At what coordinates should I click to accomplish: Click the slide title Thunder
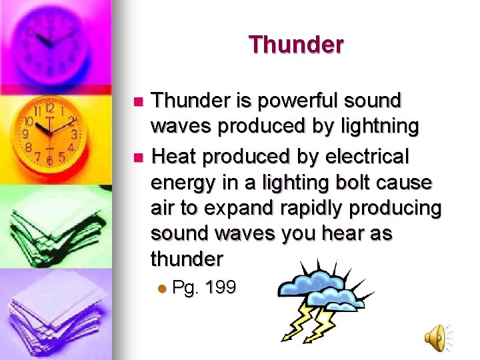(x=296, y=45)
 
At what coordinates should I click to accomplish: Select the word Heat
(x=175, y=157)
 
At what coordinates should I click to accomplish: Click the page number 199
(x=221, y=289)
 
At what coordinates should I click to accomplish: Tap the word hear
(x=354, y=234)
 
